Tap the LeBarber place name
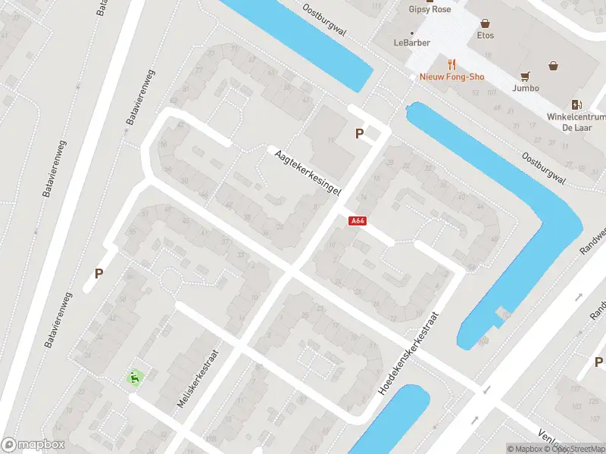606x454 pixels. pos(411,43)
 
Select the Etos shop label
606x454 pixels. pos(486,36)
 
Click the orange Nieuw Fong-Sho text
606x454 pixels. pos(452,77)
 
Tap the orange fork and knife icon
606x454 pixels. pos(452,64)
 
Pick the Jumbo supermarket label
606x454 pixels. pos(525,88)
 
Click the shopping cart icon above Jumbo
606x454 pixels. pos(525,76)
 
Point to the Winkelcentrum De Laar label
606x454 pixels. pos(576,122)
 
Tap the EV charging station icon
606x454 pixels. pos(576,104)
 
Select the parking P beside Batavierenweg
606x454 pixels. pos(98,273)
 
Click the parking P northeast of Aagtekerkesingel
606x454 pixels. pos(360,134)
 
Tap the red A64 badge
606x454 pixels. pos(358,221)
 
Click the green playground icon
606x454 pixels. pos(135,377)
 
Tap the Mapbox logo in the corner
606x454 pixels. pos(33,445)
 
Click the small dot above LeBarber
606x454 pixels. pos(411,33)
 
